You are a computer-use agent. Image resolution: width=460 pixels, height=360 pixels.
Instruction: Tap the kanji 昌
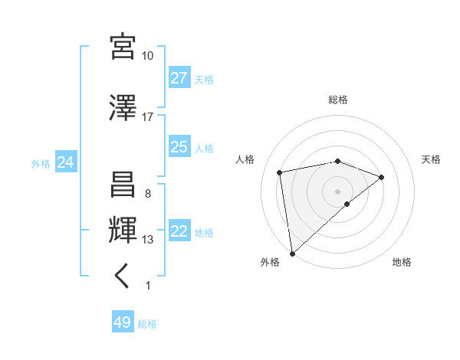pos(123,185)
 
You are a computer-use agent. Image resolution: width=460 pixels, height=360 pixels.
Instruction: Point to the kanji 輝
pos(123,230)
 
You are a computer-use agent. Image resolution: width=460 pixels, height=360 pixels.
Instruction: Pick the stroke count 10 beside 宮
pos(147,56)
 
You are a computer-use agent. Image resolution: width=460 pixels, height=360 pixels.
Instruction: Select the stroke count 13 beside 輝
pos(148,240)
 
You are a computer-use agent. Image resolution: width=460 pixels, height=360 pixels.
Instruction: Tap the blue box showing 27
pos(179,78)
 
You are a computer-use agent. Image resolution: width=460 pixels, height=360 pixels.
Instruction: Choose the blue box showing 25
pos(179,147)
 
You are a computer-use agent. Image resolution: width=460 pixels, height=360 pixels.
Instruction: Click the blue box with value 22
pos(179,232)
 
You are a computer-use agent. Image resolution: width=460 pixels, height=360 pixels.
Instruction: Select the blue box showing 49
pos(123,322)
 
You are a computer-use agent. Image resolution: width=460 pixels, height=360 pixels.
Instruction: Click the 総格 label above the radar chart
pos(338,100)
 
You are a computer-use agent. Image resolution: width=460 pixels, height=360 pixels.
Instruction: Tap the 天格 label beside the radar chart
pos(432,159)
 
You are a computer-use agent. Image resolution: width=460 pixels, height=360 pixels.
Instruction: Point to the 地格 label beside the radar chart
pos(402,262)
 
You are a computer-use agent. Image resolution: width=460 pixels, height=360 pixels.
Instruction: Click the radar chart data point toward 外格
pos(292,253)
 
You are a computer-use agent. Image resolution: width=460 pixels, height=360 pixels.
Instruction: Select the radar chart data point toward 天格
pos(382,177)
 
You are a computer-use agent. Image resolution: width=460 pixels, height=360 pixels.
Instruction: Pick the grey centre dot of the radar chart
pos(337,191)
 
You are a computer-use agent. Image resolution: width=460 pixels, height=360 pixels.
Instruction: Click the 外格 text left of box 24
pos(41,163)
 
